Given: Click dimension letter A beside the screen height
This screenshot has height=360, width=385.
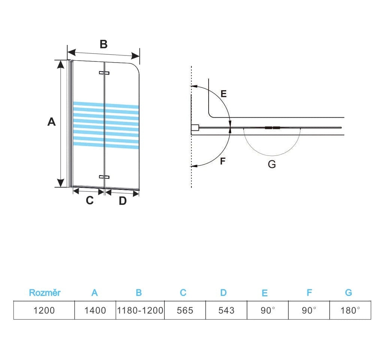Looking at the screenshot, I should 51,122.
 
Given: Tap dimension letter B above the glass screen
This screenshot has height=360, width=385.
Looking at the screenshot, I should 103,45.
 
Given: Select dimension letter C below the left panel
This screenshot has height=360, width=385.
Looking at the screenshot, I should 90,200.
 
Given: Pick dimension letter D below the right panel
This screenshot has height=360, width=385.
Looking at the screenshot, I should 123,201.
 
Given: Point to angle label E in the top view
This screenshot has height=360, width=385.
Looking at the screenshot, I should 224,94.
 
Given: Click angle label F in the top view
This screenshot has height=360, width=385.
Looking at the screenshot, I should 223,161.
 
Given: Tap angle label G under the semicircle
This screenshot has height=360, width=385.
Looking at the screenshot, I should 272,164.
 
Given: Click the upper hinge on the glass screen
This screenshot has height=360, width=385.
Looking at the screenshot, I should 104,73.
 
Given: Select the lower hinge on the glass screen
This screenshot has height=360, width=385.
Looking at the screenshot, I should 104,176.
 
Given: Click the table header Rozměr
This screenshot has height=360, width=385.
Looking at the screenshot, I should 45,293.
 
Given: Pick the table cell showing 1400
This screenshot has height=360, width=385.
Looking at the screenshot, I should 96,310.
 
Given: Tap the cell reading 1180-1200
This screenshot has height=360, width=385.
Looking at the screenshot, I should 140,310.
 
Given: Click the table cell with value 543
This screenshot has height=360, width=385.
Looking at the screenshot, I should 226,310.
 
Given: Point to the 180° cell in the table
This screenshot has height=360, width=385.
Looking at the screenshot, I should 350,310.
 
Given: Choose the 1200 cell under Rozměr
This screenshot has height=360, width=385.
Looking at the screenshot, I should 44,310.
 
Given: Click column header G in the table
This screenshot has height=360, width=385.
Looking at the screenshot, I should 349,293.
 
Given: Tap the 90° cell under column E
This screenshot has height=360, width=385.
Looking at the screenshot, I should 268,310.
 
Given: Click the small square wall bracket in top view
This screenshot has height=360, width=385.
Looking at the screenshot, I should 195,128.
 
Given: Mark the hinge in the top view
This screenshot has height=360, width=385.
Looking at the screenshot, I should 272,128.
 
